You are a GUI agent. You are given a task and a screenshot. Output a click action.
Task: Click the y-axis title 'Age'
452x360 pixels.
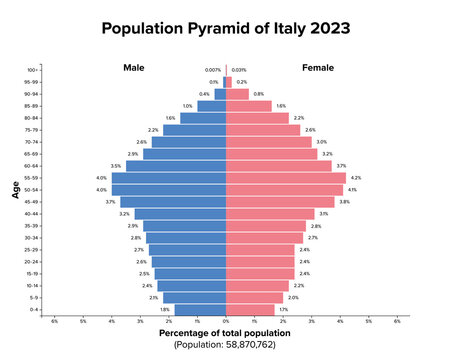click(x=16, y=189)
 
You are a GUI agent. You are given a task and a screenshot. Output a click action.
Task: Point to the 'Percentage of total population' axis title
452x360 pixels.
click(x=226, y=332)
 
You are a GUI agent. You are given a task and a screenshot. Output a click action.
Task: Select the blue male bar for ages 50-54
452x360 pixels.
click(x=169, y=190)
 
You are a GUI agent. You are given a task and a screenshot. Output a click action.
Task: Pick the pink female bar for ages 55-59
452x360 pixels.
click(x=286, y=178)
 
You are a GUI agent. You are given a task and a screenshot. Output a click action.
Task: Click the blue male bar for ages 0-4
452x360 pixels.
click(x=200, y=310)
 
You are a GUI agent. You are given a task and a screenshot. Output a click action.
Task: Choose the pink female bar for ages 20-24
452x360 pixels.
click(x=260, y=261)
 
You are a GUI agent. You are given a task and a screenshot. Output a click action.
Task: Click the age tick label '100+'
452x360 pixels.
click(x=33, y=70)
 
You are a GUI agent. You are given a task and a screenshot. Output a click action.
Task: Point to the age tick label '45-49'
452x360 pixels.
click(x=32, y=202)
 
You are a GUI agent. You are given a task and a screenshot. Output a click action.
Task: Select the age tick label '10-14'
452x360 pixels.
click(x=32, y=286)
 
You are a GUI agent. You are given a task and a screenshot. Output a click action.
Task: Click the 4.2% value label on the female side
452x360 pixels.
click(x=356, y=178)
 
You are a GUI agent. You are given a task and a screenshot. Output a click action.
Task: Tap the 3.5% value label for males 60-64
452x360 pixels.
click(x=116, y=166)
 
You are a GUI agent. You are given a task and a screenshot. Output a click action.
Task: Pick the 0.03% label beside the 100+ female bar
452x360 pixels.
click(x=239, y=70)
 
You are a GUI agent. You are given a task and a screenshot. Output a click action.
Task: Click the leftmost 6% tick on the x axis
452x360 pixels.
click(x=54, y=321)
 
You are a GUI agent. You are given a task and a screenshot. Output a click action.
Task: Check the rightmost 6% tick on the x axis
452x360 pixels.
click(x=397, y=321)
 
